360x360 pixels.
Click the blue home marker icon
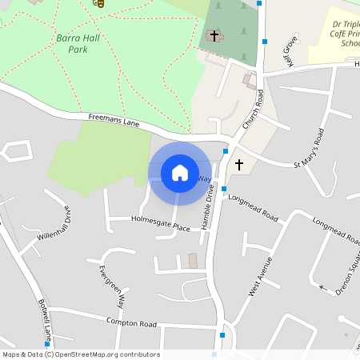coord(180,173)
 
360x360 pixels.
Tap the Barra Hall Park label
coord(72,43)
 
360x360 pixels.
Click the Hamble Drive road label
coord(208,207)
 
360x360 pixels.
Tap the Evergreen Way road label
coord(113,286)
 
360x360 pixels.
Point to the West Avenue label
coord(260,277)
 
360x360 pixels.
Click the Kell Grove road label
coord(289,50)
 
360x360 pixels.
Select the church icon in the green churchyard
coord(213,35)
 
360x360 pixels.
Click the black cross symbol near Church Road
coord(238,164)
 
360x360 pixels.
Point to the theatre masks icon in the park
coord(98,2)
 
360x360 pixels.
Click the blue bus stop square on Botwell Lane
coord(47,344)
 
